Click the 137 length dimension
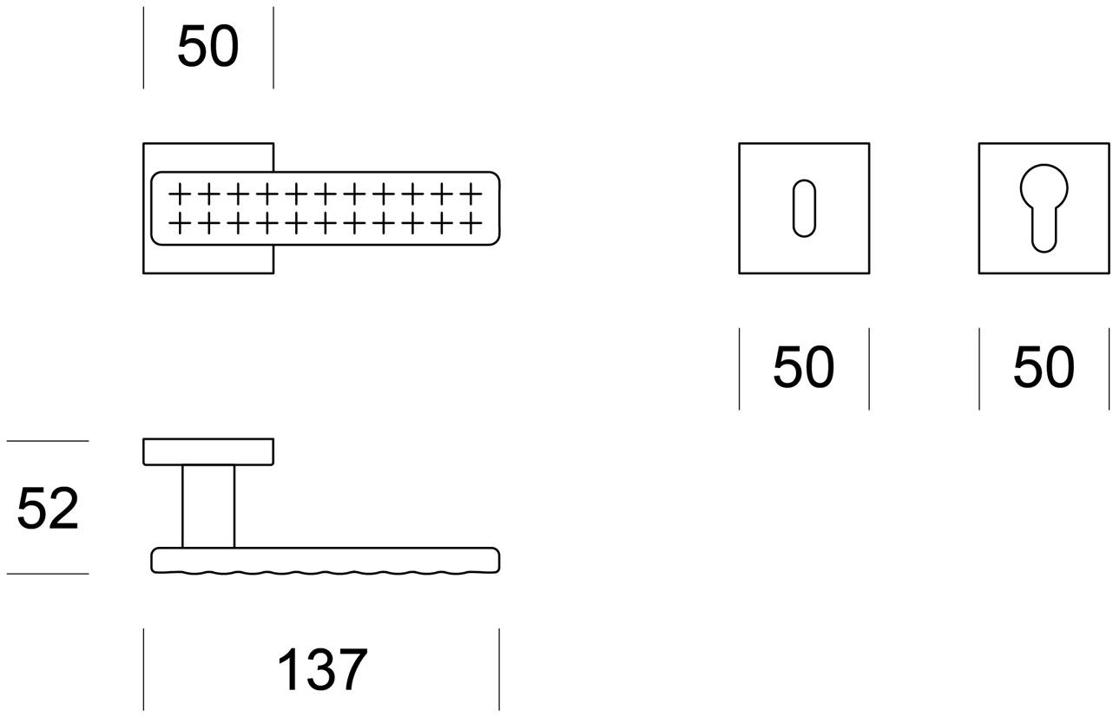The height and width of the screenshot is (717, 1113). [x=322, y=669]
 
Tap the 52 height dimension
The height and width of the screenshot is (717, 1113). [x=48, y=508]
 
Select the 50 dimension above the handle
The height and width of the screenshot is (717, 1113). [x=208, y=46]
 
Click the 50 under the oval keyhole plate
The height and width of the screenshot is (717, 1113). [x=803, y=366]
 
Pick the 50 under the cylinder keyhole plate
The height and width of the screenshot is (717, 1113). [x=1044, y=366]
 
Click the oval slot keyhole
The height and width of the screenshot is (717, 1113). [x=804, y=208]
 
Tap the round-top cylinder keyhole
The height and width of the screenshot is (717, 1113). [x=1044, y=208]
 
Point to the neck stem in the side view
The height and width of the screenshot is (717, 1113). [x=208, y=506]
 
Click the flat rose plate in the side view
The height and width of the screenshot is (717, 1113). [x=208, y=451]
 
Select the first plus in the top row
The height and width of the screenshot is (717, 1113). [x=180, y=194]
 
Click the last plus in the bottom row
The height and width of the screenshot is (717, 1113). [x=471, y=223]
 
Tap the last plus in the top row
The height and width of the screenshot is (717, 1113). [x=471, y=194]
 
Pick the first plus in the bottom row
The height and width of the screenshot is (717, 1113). [x=180, y=223]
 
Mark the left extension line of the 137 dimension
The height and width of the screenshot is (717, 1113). [x=143, y=669]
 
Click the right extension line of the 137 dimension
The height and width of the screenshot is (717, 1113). [x=499, y=669]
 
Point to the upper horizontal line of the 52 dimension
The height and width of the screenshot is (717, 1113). [x=48, y=441]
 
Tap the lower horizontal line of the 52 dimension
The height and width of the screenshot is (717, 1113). [x=48, y=574]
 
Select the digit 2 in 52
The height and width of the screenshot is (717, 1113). [x=63, y=508]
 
